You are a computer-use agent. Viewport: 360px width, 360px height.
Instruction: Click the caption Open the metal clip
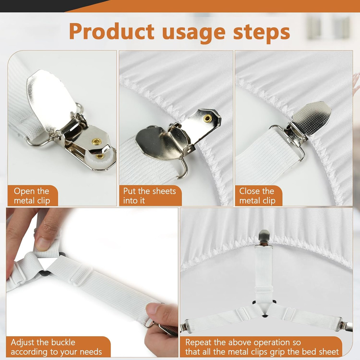(x=32, y=196)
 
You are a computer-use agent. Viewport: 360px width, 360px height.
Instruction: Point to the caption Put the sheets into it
(x=149, y=196)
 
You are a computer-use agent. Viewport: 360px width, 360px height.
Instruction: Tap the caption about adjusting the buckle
(x=56, y=347)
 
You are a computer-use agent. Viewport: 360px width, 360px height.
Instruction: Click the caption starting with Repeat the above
(x=262, y=347)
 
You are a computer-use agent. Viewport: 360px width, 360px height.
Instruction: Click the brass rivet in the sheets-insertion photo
(x=207, y=118)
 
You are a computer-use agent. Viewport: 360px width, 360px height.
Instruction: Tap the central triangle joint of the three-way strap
(x=265, y=309)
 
